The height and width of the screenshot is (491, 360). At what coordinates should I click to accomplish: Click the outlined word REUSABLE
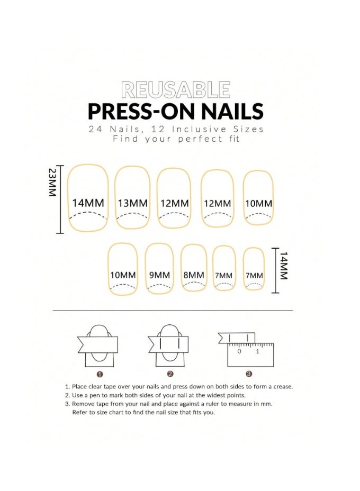pyautogui.click(x=175, y=90)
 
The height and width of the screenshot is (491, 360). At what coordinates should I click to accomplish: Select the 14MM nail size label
pyautogui.click(x=88, y=203)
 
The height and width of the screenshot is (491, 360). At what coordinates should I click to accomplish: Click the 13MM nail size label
pyautogui.click(x=133, y=203)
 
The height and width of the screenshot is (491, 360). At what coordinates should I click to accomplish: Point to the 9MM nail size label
pyautogui.click(x=159, y=275)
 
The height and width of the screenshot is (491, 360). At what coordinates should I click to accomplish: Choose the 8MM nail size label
pyautogui.click(x=193, y=275)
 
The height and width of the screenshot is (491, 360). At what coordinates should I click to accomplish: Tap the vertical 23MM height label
pyautogui.click(x=52, y=183)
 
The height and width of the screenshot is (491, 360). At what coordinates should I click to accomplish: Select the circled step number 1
pyautogui.click(x=99, y=374)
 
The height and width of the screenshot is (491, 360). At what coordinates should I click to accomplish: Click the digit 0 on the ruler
pyautogui.click(x=239, y=351)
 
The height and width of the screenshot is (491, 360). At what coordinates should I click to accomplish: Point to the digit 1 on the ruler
pyautogui.click(x=257, y=351)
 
